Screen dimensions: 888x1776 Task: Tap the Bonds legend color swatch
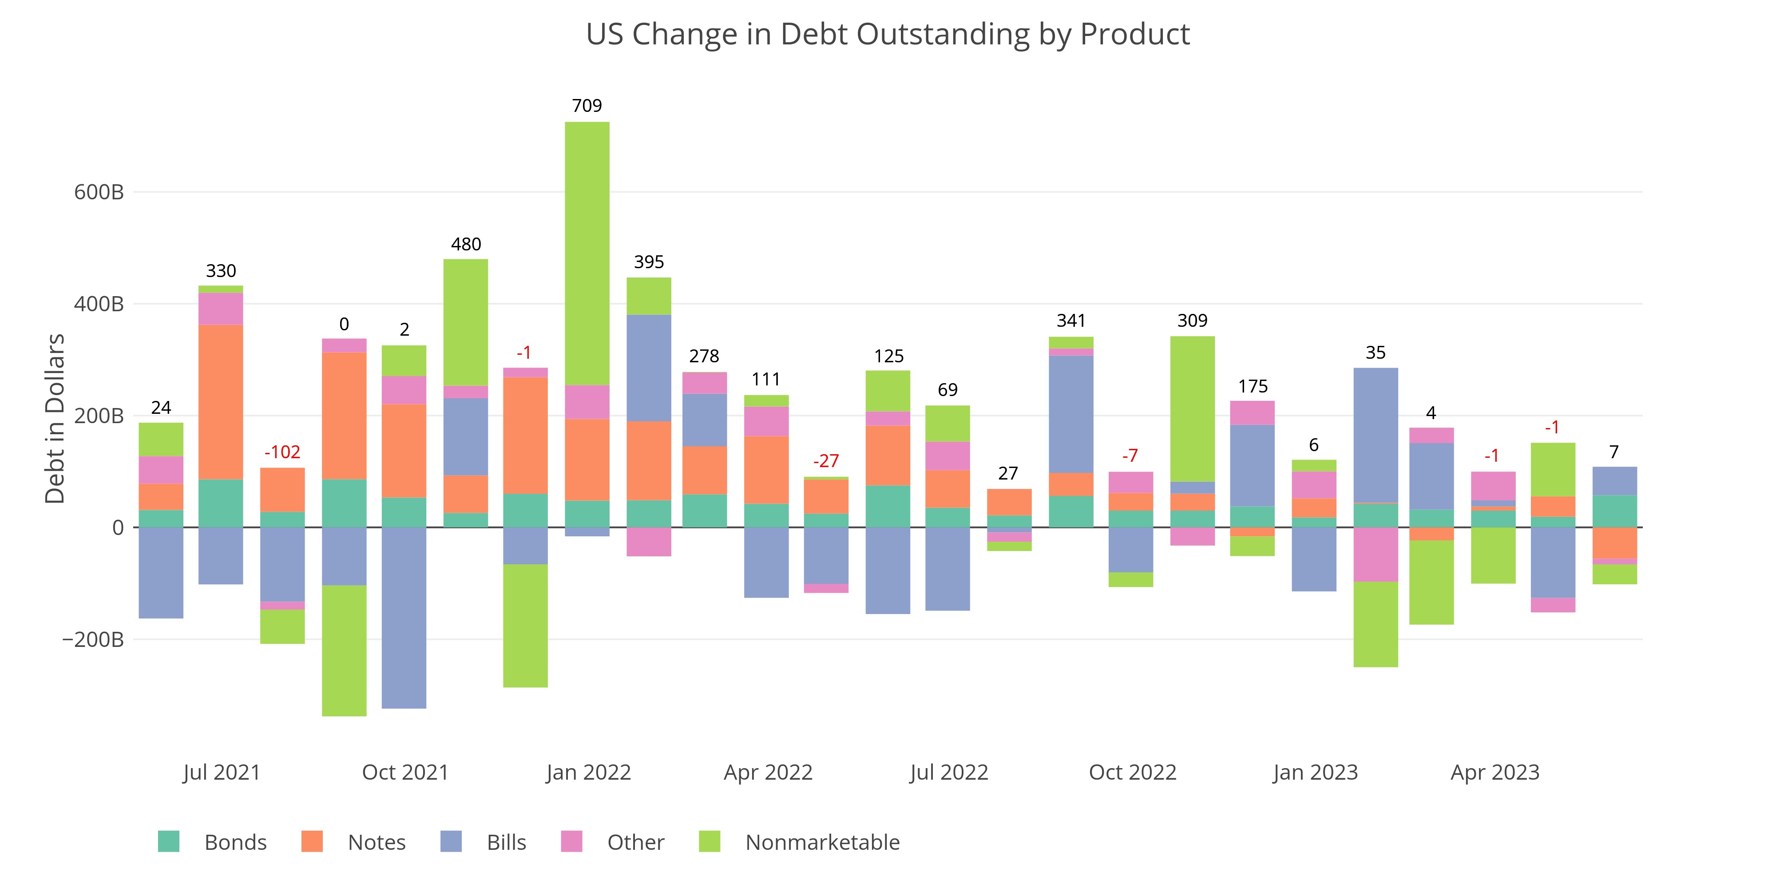click(x=168, y=842)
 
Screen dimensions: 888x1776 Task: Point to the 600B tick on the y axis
click(x=99, y=192)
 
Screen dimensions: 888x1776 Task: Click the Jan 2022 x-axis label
click(x=588, y=772)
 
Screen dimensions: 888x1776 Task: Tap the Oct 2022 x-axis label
click(x=1132, y=772)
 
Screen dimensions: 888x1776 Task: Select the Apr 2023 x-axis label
click(x=1495, y=772)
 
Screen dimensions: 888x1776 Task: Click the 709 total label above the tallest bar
click(x=587, y=106)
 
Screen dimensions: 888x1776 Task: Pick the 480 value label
click(x=466, y=244)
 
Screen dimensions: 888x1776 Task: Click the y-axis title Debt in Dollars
click(x=55, y=419)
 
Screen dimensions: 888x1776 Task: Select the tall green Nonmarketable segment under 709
click(x=587, y=253)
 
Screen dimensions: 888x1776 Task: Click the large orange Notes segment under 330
click(x=221, y=402)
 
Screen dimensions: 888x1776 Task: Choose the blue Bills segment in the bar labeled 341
click(x=1070, y=414)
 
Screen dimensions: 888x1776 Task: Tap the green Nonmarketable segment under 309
click(x=1192, y=409)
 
